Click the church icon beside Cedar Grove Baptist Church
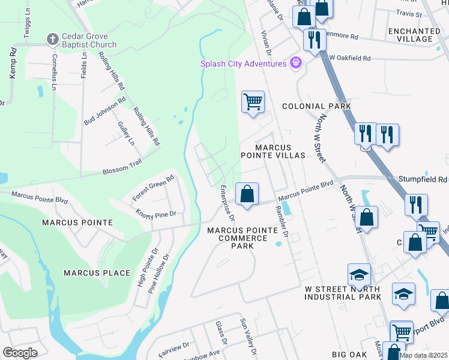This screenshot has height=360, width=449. point(52,40)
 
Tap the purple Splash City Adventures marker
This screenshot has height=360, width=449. point(295,62)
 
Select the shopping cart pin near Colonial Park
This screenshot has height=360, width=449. point(253,101)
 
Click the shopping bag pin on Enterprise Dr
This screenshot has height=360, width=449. point(247,193)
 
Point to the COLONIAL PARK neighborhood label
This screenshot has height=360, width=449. point(316,106)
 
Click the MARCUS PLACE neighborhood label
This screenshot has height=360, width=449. point(97,273)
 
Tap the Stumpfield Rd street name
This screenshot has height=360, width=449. point(423,179)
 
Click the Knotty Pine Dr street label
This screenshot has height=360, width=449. point(155,214)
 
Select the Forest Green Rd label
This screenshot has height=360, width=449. point(153,187)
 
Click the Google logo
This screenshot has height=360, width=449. point(20,353)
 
